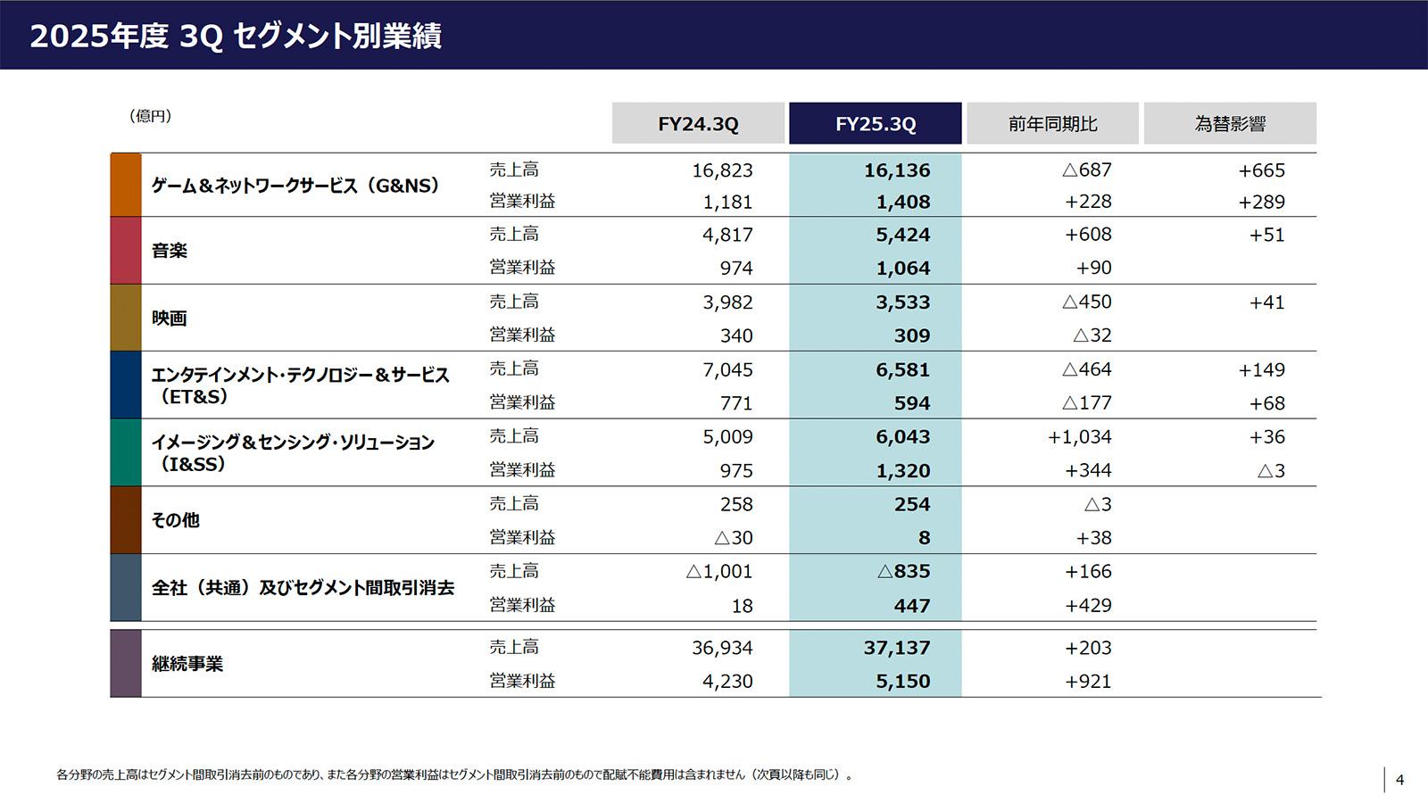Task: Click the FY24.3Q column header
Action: [698, 124]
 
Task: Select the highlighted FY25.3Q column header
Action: [875, 124]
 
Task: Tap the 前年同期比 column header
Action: [1052, 124]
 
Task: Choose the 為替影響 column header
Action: [1230, 124]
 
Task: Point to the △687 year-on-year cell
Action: [1086, 170]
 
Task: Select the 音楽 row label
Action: [169, 251]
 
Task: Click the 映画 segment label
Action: [169, 319]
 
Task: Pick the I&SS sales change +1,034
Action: [1079, 437]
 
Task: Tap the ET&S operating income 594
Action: [911, 403]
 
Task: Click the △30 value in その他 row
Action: [733, 538]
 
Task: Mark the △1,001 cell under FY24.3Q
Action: [718, 572]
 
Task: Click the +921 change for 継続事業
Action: [1087, 682]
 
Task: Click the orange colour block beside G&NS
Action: [126, 185]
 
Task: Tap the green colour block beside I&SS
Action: [126, 452]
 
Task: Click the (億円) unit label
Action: [150, 116]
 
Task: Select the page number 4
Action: [1399, 780]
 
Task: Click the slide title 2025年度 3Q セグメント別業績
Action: [236, 36]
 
